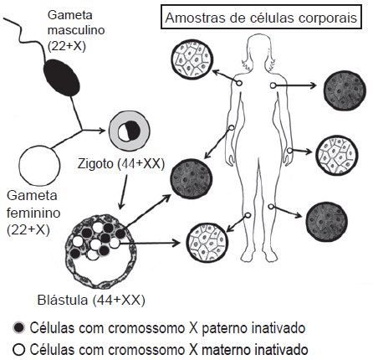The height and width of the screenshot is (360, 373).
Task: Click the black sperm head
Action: (x=62, y=78)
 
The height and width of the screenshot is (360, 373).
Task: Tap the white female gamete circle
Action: (x=39, y=165)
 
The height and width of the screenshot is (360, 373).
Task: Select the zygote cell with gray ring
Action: (x=129, y=131)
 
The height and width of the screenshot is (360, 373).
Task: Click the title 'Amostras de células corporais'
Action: (x=261, y=18)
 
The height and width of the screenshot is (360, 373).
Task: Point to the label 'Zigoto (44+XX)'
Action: (x=121, y=164)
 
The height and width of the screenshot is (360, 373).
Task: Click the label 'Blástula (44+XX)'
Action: (x=91, y=300)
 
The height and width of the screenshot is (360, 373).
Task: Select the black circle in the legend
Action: (x=18, y=328)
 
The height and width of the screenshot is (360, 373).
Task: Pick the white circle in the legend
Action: (x=18, y=349)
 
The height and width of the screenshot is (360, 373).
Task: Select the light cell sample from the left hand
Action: (x=337, y=155)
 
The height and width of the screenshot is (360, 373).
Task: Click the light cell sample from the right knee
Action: (x=207, y=242)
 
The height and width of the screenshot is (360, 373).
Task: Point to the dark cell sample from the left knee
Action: (x=327, y=222)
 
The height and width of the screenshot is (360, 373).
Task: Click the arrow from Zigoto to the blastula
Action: (x=124, y=192)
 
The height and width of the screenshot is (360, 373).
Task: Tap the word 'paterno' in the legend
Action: (x=225, y=328)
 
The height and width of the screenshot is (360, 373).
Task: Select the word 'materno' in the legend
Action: (x=226, y=350)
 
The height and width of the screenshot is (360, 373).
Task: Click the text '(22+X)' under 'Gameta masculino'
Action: (x=67, y=46)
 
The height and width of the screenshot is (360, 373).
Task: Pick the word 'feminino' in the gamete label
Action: (x=33, y=213)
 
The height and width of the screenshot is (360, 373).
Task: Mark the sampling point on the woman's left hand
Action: (x=289, y=151)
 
